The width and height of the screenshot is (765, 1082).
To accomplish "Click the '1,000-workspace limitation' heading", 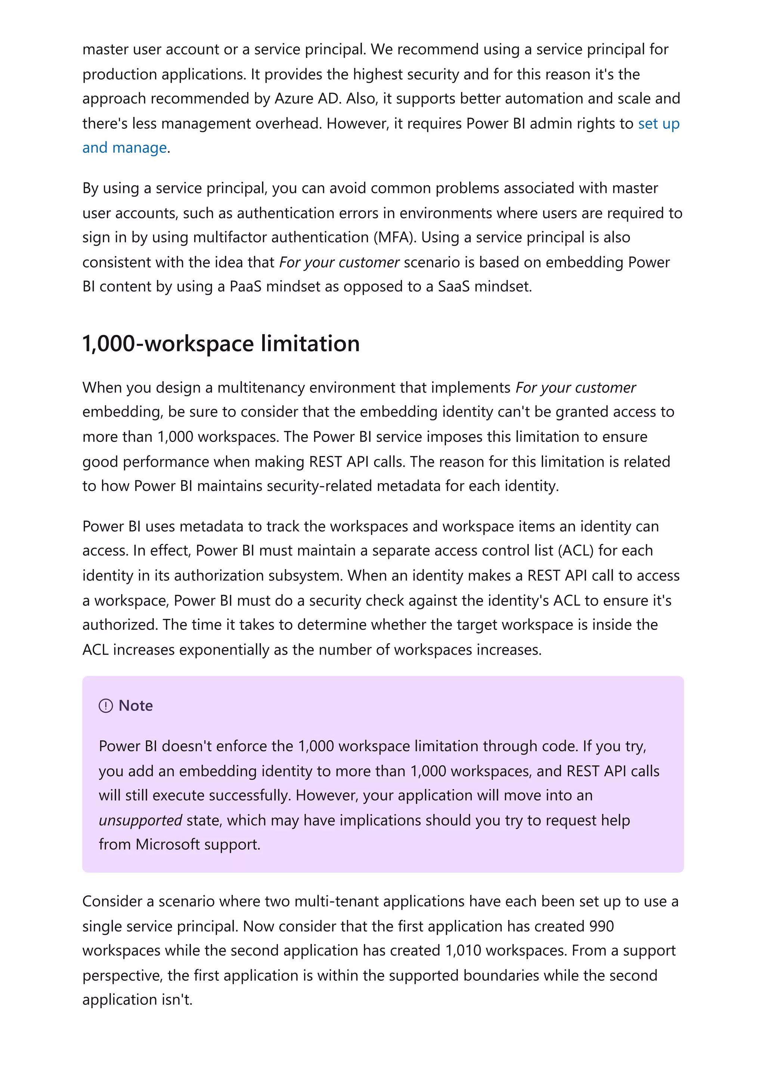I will (x=221, y=343).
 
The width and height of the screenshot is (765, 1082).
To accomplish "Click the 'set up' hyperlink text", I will (x=659, y=124).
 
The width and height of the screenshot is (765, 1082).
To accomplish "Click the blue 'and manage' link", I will (x=124, y=148).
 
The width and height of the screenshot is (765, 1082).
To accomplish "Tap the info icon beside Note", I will (x=106, y=706).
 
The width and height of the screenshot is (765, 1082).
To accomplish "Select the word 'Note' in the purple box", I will (x=136, y=706).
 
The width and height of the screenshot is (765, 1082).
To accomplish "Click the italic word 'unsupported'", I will (x=140, y=820).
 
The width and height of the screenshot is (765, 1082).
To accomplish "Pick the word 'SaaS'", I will (x=453, y=286).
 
